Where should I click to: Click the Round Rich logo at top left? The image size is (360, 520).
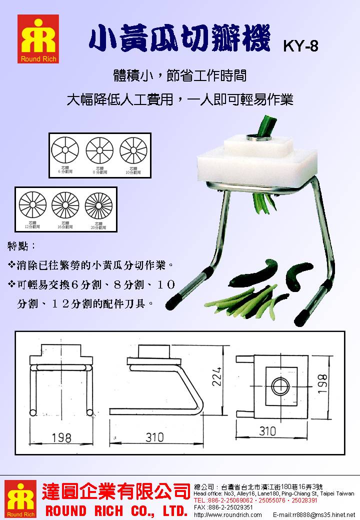38,38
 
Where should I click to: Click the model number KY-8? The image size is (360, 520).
300,46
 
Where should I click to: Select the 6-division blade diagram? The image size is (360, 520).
65,149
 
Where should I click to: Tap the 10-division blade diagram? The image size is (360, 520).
132,149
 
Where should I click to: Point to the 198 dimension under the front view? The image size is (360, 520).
60,438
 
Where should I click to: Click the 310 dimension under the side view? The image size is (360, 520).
154,437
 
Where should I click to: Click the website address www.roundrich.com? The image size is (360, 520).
227,514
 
